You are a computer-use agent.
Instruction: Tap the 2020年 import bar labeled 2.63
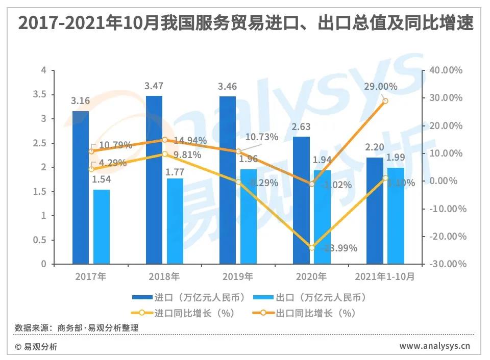point(301,200)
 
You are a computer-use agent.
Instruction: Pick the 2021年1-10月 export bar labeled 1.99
point(396,216)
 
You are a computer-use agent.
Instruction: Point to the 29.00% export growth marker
point(385,101)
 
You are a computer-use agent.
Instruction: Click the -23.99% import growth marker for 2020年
point(312,247)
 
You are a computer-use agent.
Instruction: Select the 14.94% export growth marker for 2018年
point(165,140)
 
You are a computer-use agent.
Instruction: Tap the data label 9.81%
point(187,154)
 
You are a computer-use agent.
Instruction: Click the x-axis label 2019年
point(238,277)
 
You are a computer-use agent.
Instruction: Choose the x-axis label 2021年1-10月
point(385,277)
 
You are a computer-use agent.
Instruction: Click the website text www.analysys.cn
point(434,346)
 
